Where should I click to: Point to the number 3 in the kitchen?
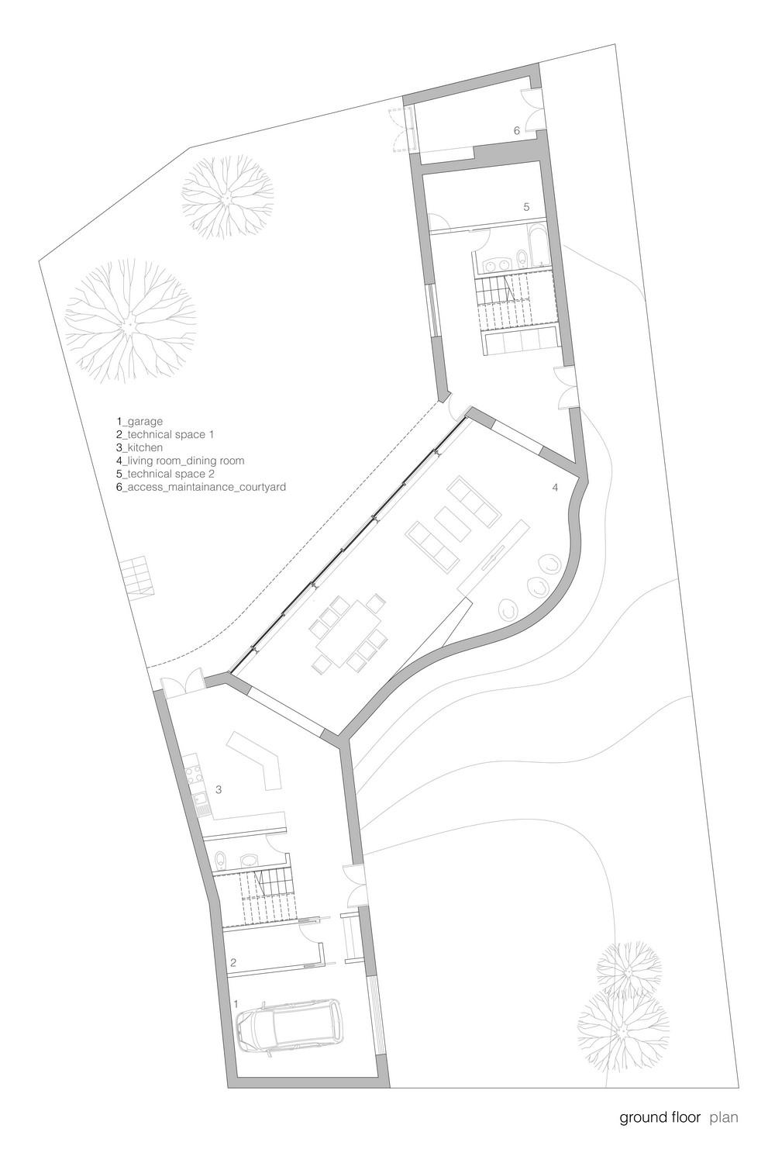(219, 790)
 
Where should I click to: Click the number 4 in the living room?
(555, 488)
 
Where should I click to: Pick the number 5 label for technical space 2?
(526, 207)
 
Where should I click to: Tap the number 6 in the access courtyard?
(516, 131)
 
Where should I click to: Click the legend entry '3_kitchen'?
(139, 447)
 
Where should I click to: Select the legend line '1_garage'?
(139, 421)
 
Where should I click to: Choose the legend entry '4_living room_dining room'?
(180, 461)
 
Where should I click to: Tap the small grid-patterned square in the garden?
(137, 573)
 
